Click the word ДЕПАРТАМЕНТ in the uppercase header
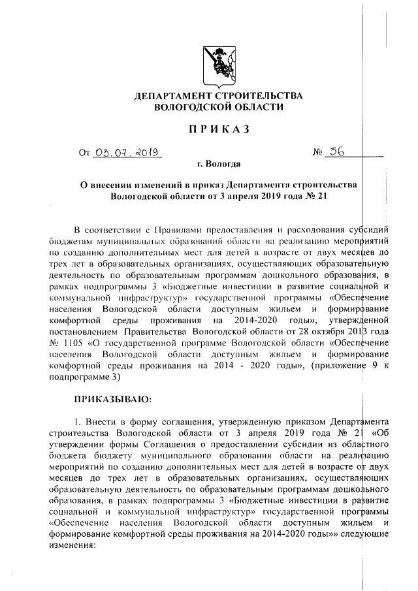click(x=175, y=96)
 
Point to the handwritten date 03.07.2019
click(x=128, y=154)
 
